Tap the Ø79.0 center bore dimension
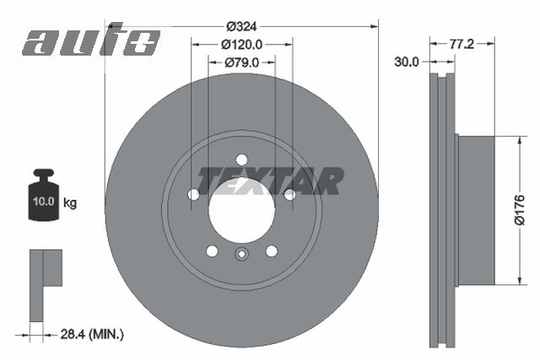click(241, 62)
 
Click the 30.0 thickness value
click(408, 62)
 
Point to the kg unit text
click(71, 203)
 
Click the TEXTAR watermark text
click(270, 180)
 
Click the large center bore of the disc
click(241, 210)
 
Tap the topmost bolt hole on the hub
click(242, 160)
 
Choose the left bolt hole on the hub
click(193, 195)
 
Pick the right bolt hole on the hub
click(289, 195)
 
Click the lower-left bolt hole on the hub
click(212, 251)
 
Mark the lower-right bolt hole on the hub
click(272, 251)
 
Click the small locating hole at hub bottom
click(241, 257)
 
